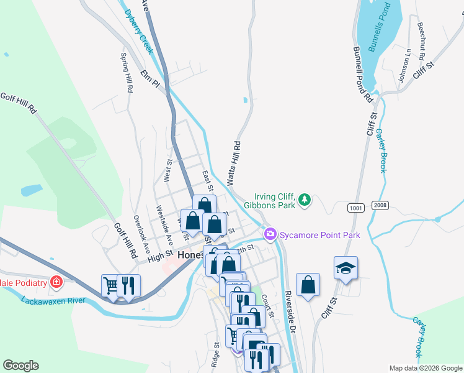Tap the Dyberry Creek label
(138, 30)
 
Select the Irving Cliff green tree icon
(304, 200)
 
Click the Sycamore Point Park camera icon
(270, 234)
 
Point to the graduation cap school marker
(346, 267)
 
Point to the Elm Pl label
(150, 79)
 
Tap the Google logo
(20, 366)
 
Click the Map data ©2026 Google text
(424, 368)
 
